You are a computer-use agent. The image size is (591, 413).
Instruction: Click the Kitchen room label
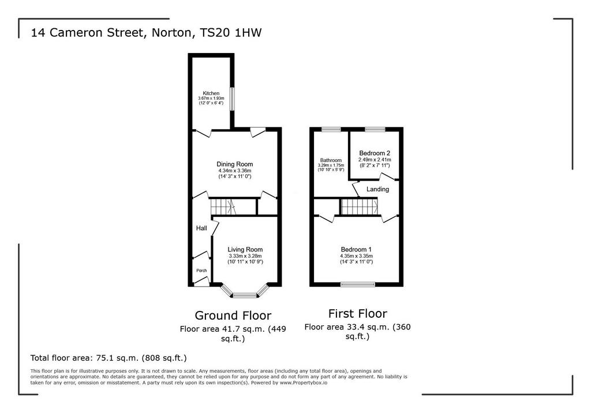(211, 93)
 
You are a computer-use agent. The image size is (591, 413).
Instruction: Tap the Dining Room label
(234, 164)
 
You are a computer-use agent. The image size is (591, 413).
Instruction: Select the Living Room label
(245, 249)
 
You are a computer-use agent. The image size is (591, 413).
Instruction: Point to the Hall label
(201, 228)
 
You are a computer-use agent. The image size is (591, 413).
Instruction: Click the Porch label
(201, 271)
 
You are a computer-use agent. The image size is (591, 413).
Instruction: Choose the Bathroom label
(331, 160)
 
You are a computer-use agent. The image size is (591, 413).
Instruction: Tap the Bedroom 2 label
(374, 153)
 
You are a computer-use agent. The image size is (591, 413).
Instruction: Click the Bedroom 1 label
(356, 249)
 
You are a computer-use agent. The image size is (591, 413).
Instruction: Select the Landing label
(377, 189)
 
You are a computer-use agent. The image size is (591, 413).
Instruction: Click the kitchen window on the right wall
(232, 99)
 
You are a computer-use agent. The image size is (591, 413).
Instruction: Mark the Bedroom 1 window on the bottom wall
(358, 284)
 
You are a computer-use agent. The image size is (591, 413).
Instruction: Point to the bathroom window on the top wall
(331, 129)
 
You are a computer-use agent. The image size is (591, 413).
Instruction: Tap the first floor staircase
(359, 206)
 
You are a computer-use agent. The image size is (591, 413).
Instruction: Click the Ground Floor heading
(233, 315)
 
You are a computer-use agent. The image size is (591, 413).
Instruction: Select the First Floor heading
(358, 313)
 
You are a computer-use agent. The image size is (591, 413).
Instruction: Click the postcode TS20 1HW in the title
(231, 32)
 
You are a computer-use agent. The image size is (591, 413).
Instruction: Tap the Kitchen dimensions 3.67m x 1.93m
(211, 99)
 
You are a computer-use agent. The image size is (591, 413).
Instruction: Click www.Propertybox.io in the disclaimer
(303, 382)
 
